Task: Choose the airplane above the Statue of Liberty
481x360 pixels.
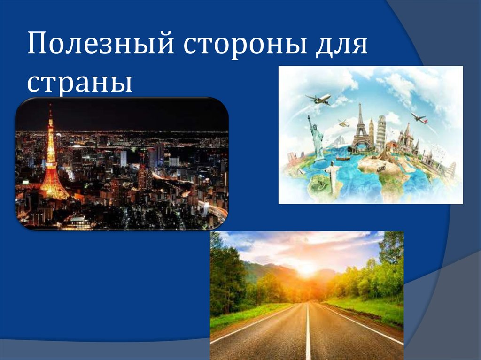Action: (318, 99)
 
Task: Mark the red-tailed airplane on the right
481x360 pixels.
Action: (419, 117)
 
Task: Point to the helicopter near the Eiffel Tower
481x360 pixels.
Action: (343, 123)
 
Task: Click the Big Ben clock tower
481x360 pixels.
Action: (371, 131)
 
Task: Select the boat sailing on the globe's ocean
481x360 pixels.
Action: (343, 158)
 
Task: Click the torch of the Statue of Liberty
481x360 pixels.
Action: (309, 117)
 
